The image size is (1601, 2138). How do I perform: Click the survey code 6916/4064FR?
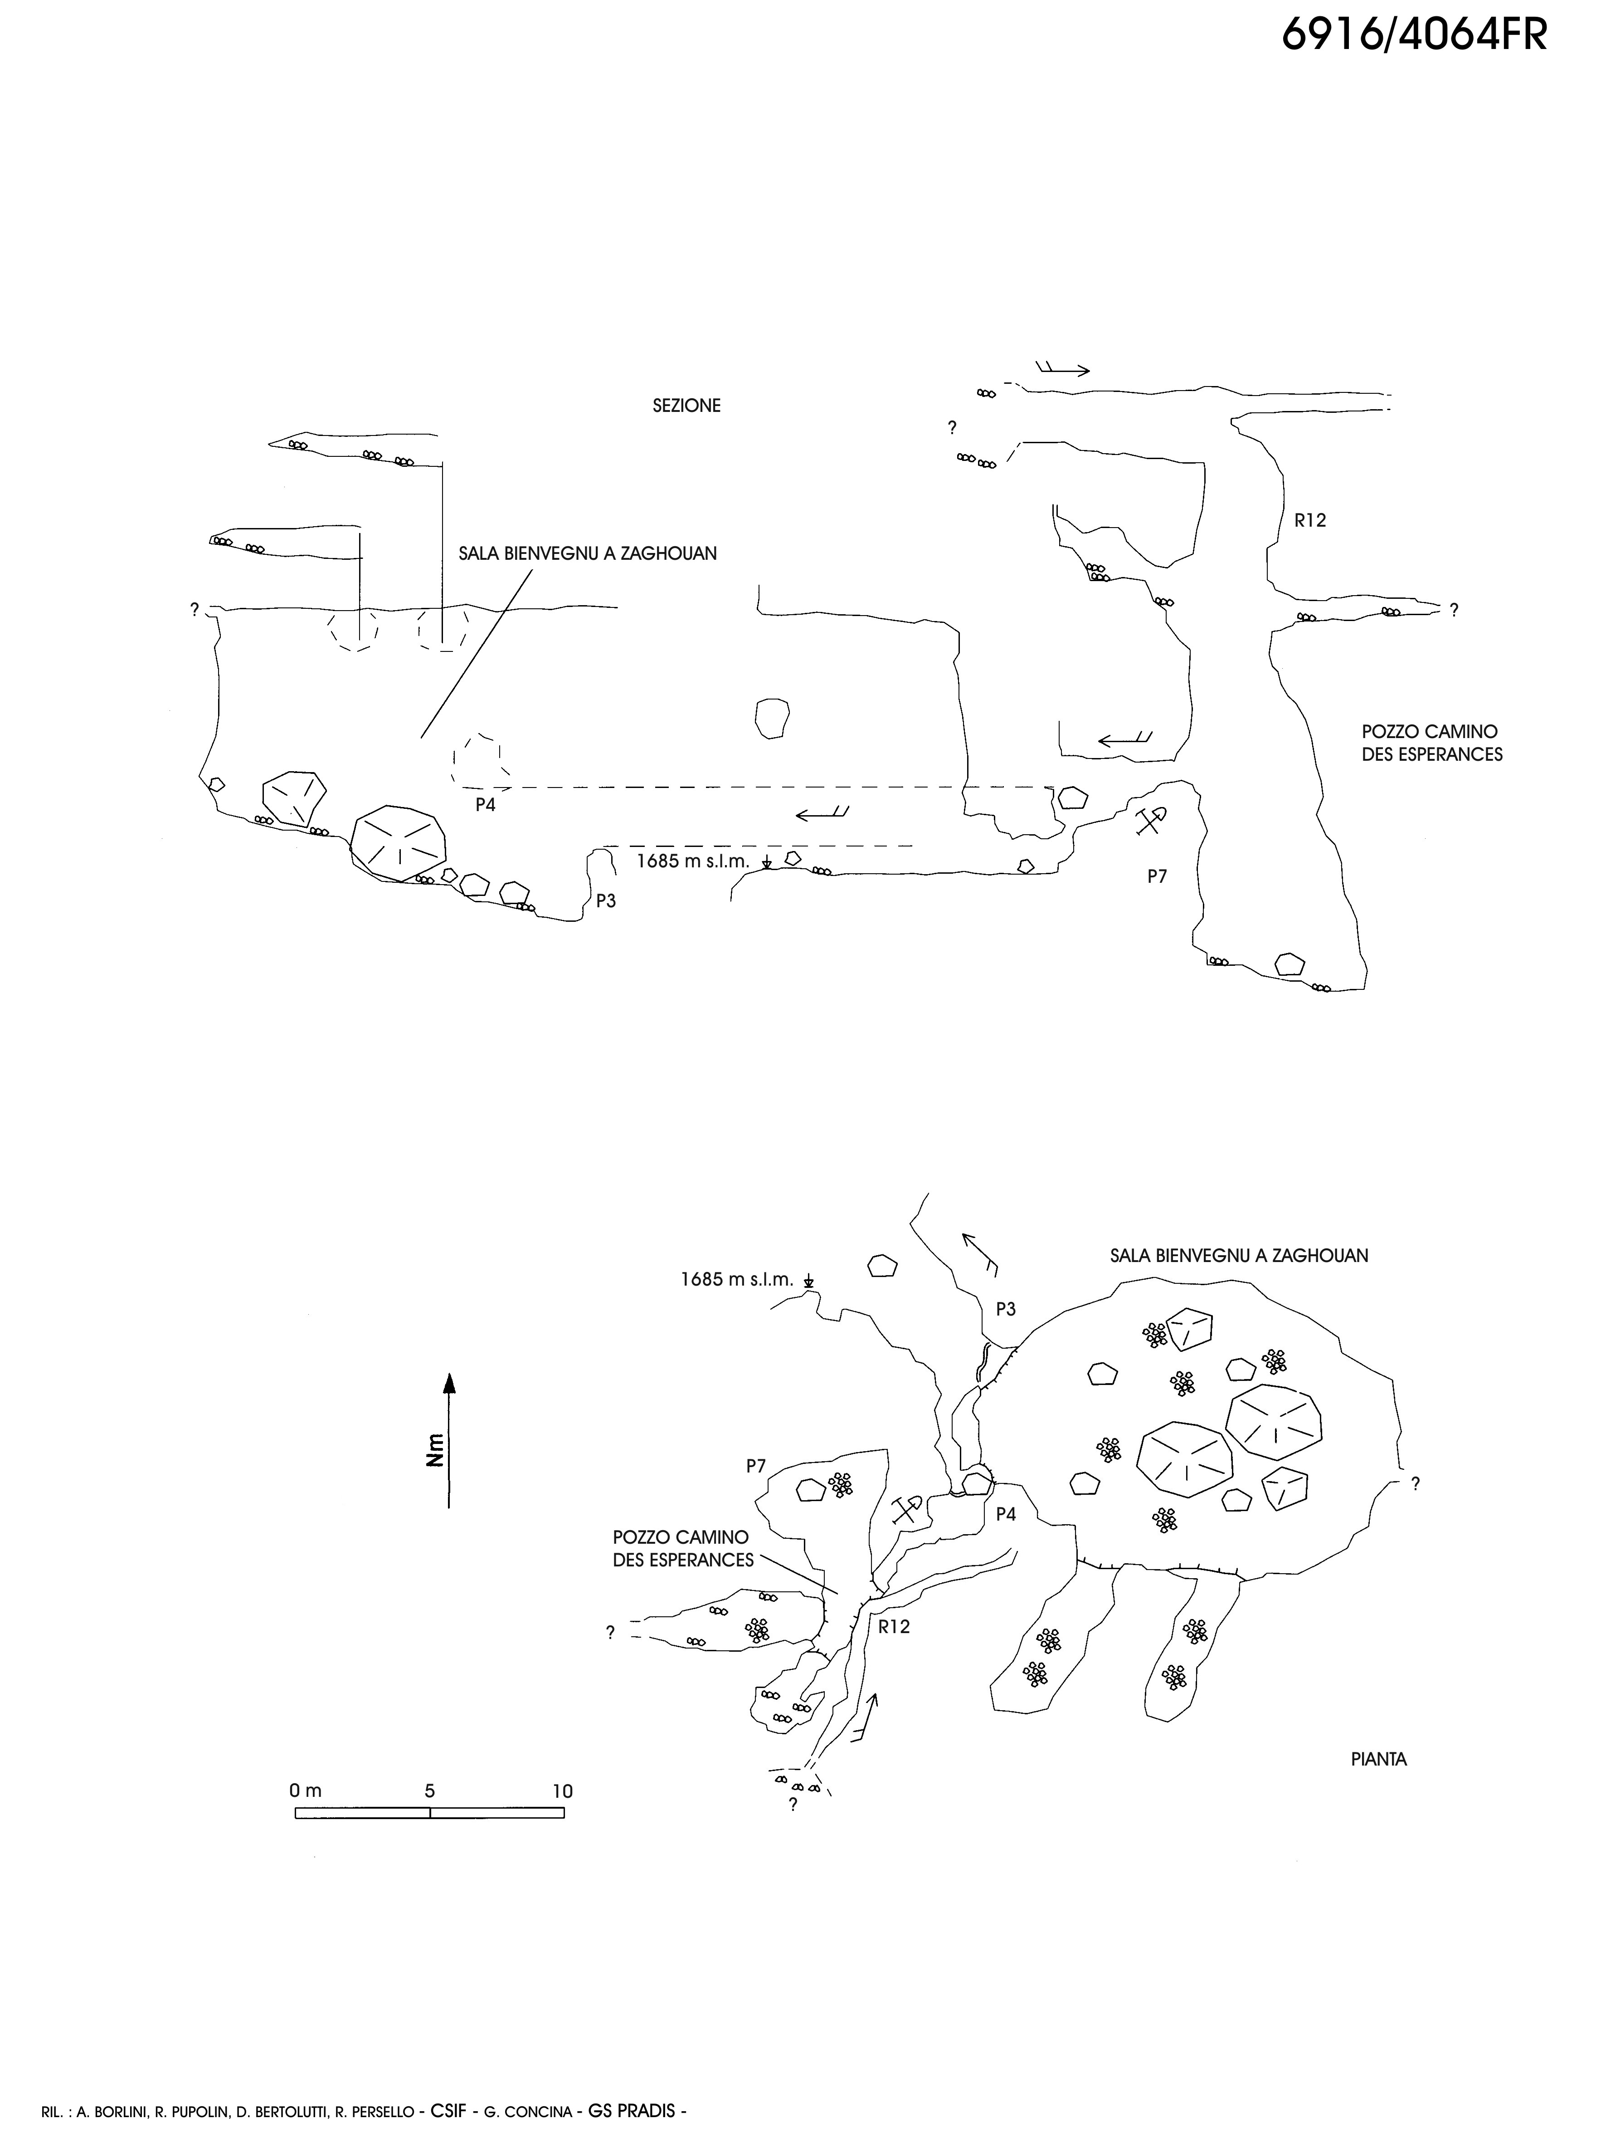click(x=1414, y=36)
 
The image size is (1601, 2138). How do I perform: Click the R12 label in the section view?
click(x=1310, y=520)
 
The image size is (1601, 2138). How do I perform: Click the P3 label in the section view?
click(x=606, y=901)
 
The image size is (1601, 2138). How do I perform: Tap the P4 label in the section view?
click(x=485, y=804)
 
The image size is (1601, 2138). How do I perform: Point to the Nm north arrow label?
click(x=436, y=1450)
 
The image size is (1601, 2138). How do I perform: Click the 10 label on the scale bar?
click(x=562, y=1791)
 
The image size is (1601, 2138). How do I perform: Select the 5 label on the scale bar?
click(x=430, y=1791)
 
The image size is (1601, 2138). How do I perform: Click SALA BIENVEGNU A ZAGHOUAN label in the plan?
click(x=1239, y=1256)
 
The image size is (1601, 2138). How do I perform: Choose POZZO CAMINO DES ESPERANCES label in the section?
click(x=1432, y=743)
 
